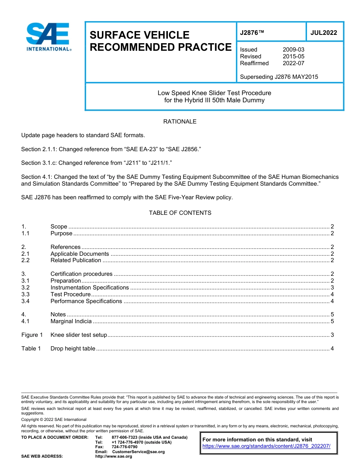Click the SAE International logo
(x=48, y=37)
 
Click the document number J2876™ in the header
(x=252, y=33)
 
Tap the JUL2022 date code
(x=324, y=33)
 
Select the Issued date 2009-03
(x=293, y=50)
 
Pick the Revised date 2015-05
(x=293, y=56)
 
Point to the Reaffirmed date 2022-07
(x=293, y=63)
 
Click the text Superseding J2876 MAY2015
(x=279, y=77)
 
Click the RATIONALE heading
(x=180, y=122)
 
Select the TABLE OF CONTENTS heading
(x=180, y=213)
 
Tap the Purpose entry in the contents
(x=61, y=233)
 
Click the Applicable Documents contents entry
(x=80, y=254)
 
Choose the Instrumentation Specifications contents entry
(x=89, y=288)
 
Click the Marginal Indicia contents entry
(x=71, y=321)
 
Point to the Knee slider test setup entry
(x=79, y=335)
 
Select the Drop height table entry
(x=73, y=349)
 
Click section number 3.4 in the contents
(x=25, y=301)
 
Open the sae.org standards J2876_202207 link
(x=266, y=446)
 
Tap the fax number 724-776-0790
(x=124, y=447)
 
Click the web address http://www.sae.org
(x=113, y=457)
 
